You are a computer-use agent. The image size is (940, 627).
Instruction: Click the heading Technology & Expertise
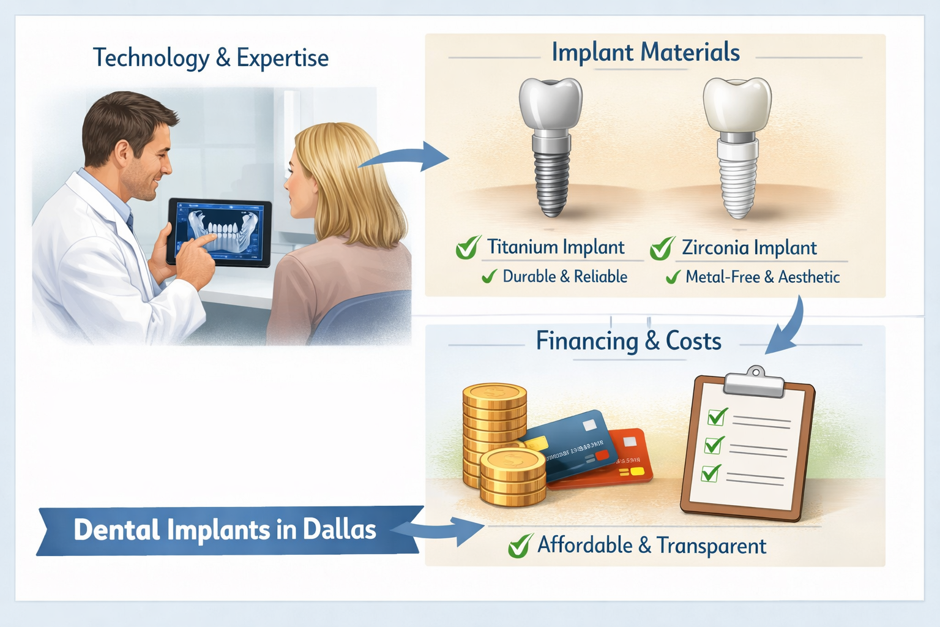pos(211,58)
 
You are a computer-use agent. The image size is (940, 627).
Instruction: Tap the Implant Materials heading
pos(646,53)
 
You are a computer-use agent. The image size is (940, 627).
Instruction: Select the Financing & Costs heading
pos(629,341)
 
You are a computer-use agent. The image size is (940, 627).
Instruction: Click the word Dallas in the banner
pos(339,530)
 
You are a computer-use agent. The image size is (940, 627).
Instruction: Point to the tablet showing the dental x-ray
pos(220,233)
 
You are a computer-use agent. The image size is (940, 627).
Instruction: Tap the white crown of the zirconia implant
pos(737,104)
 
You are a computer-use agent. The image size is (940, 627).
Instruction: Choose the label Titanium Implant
pos(556,247)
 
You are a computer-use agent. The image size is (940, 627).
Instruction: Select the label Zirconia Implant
pos(749,248)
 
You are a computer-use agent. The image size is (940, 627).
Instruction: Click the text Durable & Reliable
pos(564,277)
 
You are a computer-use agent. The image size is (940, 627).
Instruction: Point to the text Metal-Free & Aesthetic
pos(762,277)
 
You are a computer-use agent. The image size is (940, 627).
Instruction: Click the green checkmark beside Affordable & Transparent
pos(520,546)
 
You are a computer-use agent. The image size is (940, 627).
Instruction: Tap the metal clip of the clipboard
pos(754,383)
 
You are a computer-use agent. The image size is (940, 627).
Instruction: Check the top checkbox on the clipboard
pos(716,417)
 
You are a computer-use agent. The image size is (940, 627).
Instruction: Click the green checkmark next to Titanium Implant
pos(468,248)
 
